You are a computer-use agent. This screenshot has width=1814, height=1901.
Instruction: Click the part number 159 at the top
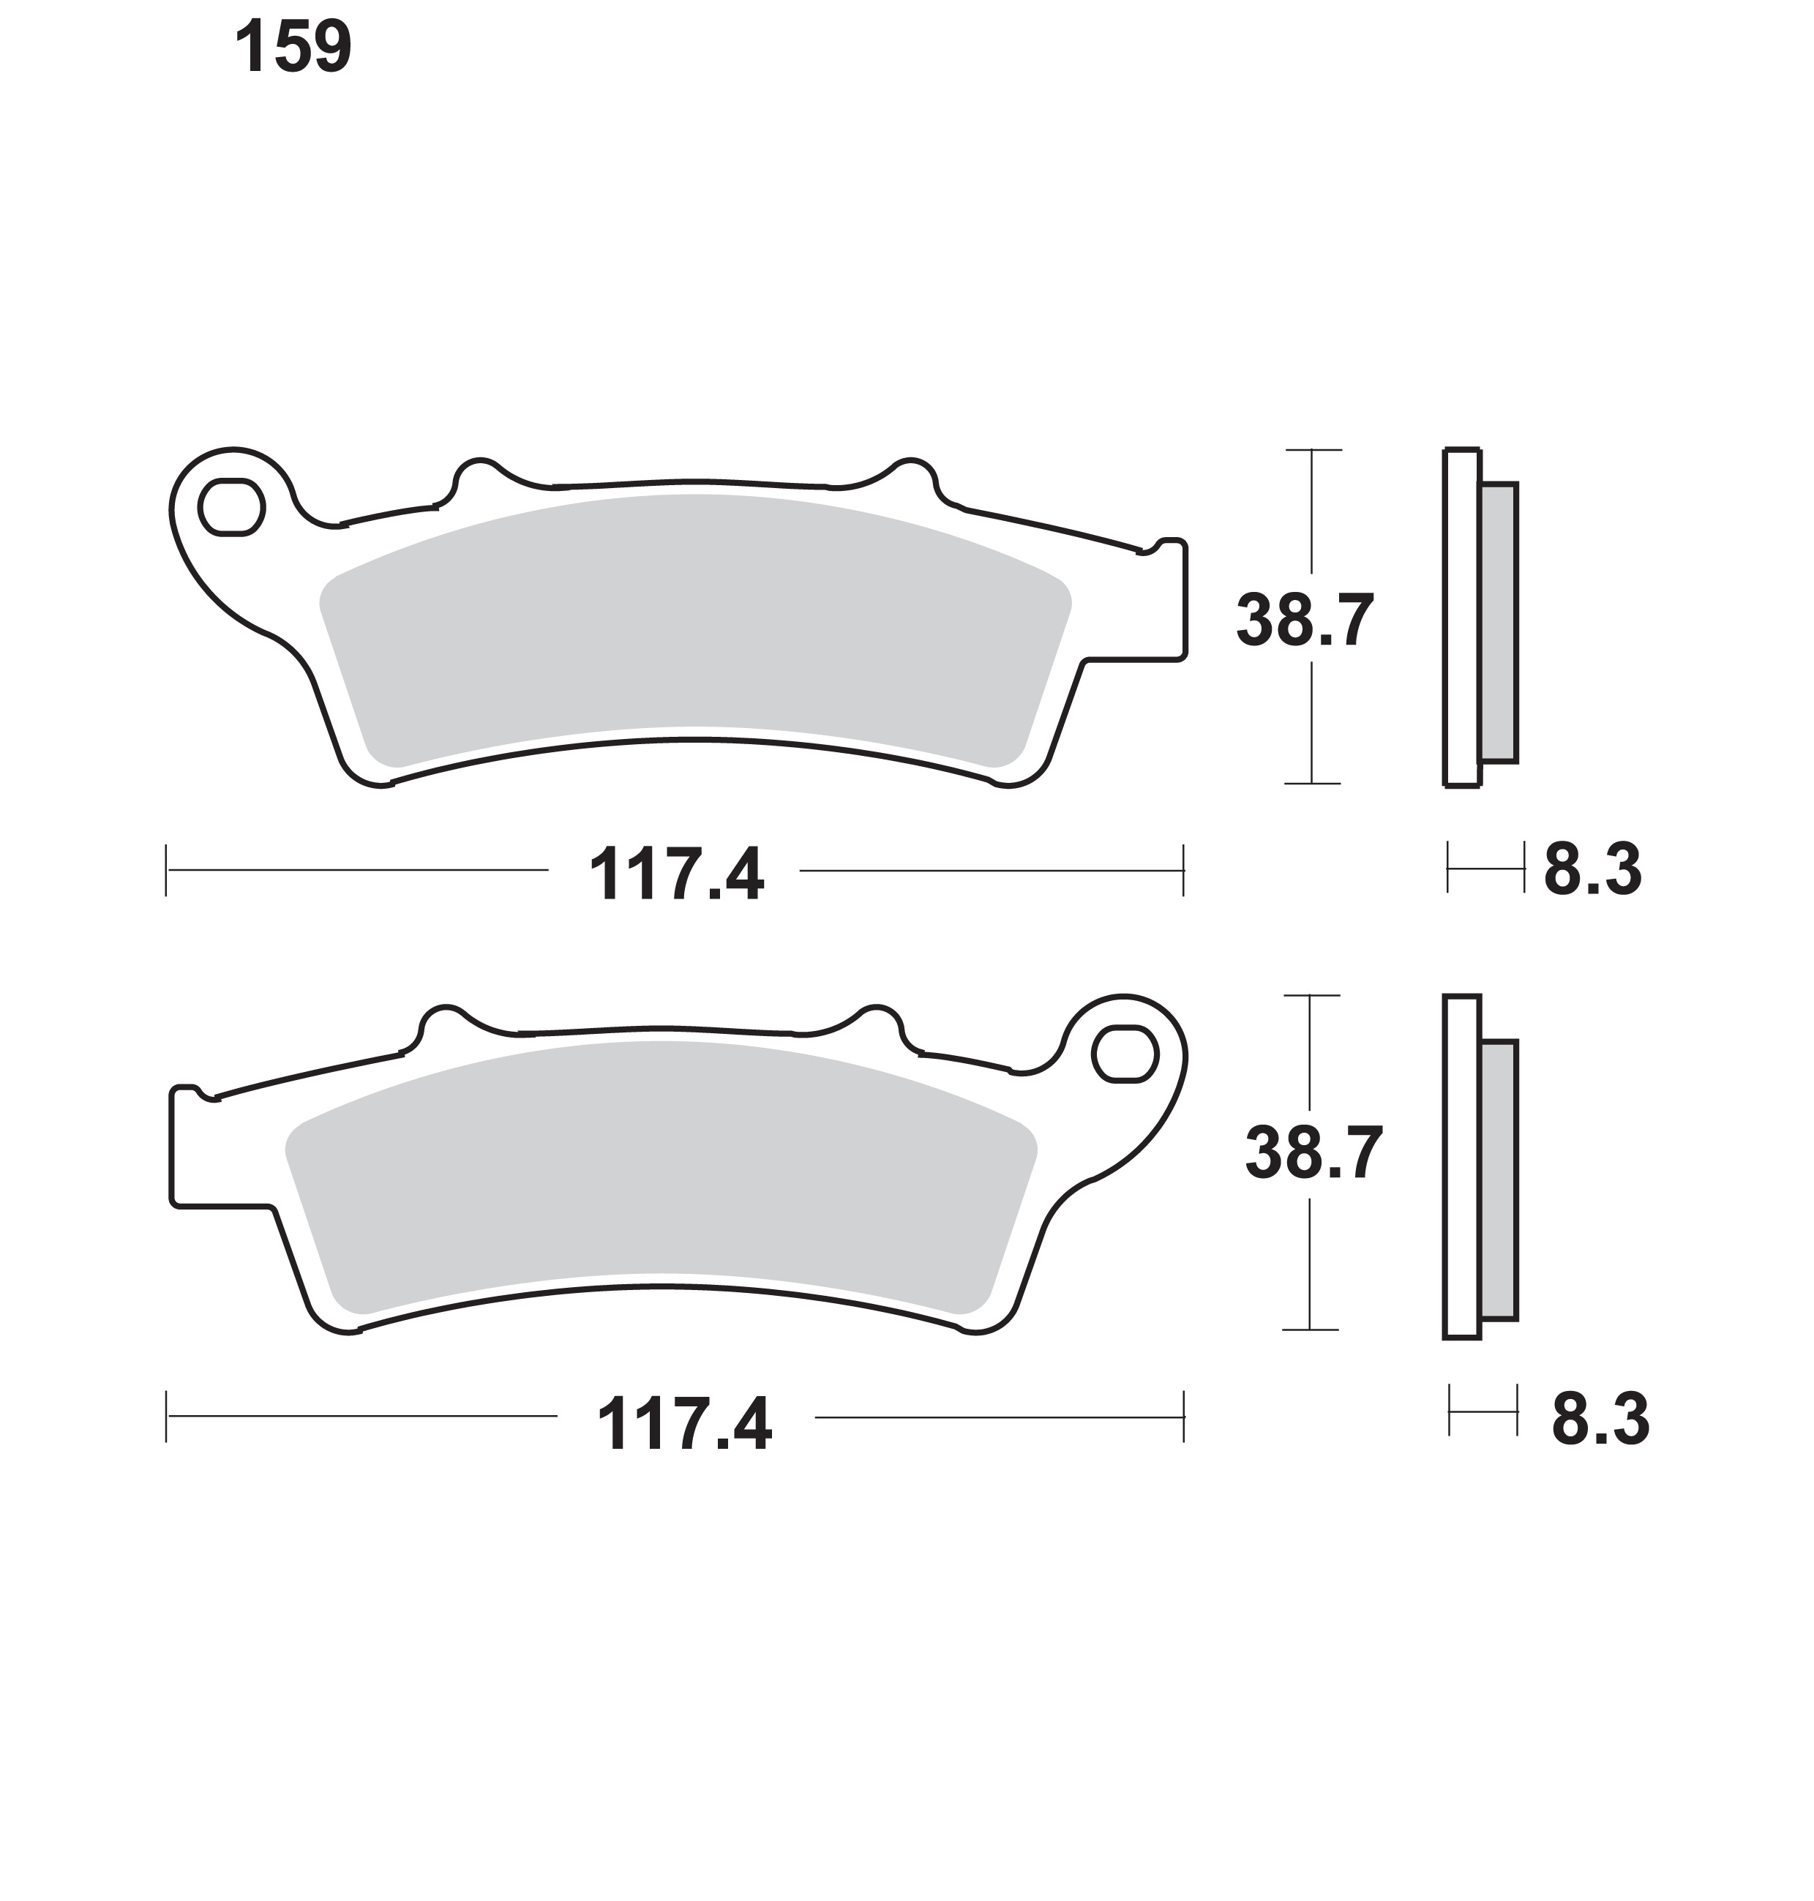pos(293,48)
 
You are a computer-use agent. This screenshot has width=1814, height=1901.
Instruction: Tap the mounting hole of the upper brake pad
pos(231,506)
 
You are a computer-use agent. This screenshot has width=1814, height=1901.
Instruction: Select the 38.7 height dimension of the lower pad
pos(1314,1152)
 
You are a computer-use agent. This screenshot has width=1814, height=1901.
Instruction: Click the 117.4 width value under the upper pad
pos(676,874)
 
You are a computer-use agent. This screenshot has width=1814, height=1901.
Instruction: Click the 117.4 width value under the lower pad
pos(685,1422)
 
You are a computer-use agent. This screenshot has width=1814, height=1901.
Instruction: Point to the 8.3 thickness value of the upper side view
pos(1592,870)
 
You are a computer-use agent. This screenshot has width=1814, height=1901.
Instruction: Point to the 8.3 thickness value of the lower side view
pos(1600,1420)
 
